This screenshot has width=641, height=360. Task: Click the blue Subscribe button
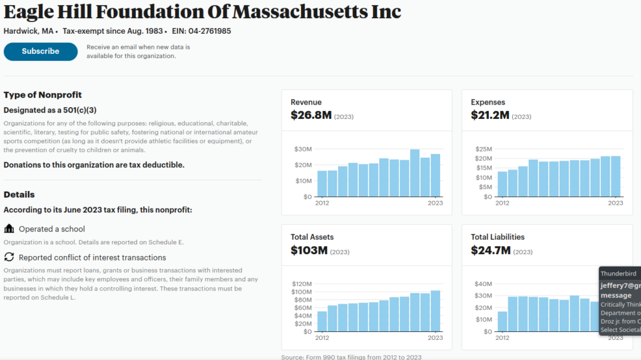point(41,51)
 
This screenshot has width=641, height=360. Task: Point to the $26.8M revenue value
point(310,115)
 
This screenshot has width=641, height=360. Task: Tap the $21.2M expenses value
point(490,115)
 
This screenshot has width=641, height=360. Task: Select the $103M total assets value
point(309,250)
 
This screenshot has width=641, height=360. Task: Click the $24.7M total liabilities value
point(491,250)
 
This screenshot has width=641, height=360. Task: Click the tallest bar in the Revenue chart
point(414,173)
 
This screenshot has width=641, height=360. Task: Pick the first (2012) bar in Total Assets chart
point(322,321)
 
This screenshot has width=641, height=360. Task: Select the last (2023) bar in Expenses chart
point(616,176)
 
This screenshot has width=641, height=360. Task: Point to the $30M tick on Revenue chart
point(303,149)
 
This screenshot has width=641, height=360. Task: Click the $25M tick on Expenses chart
point(483,149)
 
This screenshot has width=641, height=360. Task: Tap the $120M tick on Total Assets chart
point(302,284)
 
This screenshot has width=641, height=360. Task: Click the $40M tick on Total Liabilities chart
point(483,284)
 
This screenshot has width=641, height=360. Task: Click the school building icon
point(9,229)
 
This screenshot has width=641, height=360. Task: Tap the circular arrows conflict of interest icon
point(9,257)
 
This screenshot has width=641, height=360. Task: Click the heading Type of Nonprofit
point(43,95)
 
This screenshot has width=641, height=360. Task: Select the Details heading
point(19,195)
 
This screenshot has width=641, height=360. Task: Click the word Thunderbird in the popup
point(618,274)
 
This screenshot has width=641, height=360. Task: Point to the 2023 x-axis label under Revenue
point(435,203)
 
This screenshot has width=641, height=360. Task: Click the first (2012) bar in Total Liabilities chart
point(503,321)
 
